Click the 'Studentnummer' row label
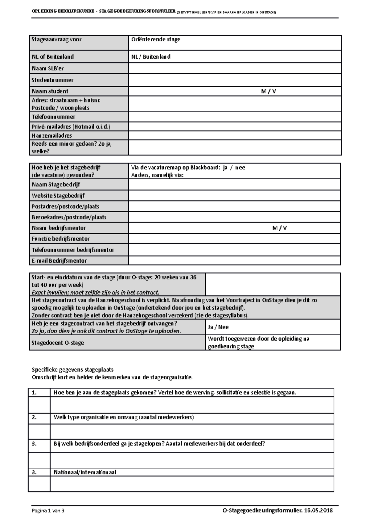[x=52, y=80]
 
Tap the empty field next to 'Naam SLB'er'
[x=234, y=68]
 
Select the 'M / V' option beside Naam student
[x=268, y=91]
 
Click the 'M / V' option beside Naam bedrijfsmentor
[x=279, y=228]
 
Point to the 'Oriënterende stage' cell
[x=156, y=40]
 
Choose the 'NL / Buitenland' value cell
[x=151, y=57]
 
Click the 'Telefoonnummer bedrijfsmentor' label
[x=73, y=250]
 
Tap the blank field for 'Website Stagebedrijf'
[x=234, y=196]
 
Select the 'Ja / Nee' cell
[x=218, y=327]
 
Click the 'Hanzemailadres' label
[x=52, y=135]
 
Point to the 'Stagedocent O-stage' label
[x=58, y=343]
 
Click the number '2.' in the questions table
[x=34, y=417]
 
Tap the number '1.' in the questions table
[x=34, y=393]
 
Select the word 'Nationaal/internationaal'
[x=85, y=472]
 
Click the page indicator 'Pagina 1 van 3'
[x=48, y=510]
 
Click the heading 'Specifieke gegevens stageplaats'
[x=73, y=370]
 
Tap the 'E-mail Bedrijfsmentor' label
[x=59, y=261]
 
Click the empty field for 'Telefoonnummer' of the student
[x=234, y=117]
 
